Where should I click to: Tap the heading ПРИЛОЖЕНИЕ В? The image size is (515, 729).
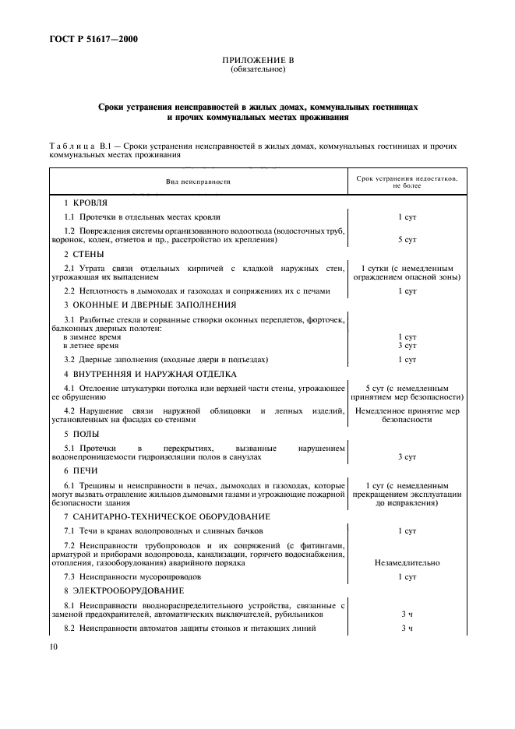(x=257, y=61)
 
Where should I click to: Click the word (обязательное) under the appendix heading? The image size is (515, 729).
(x=257, y=69)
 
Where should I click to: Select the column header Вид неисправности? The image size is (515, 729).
(x=198, y=181)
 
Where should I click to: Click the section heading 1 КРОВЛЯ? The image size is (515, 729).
(x=86, y=202)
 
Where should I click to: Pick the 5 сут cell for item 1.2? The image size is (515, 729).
(x=407, y=240)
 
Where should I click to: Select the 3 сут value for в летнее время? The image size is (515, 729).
(x=407, y=345)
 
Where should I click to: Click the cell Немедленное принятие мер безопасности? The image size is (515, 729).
(x=407, y=414)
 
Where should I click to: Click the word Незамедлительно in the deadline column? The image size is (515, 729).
(x=407, y=562)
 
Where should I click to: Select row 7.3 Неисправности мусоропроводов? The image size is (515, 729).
(x=132, y=576)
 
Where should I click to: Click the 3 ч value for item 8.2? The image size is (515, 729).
(x=407, y=628)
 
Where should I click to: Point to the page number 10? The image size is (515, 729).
(x=53, y=646)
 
